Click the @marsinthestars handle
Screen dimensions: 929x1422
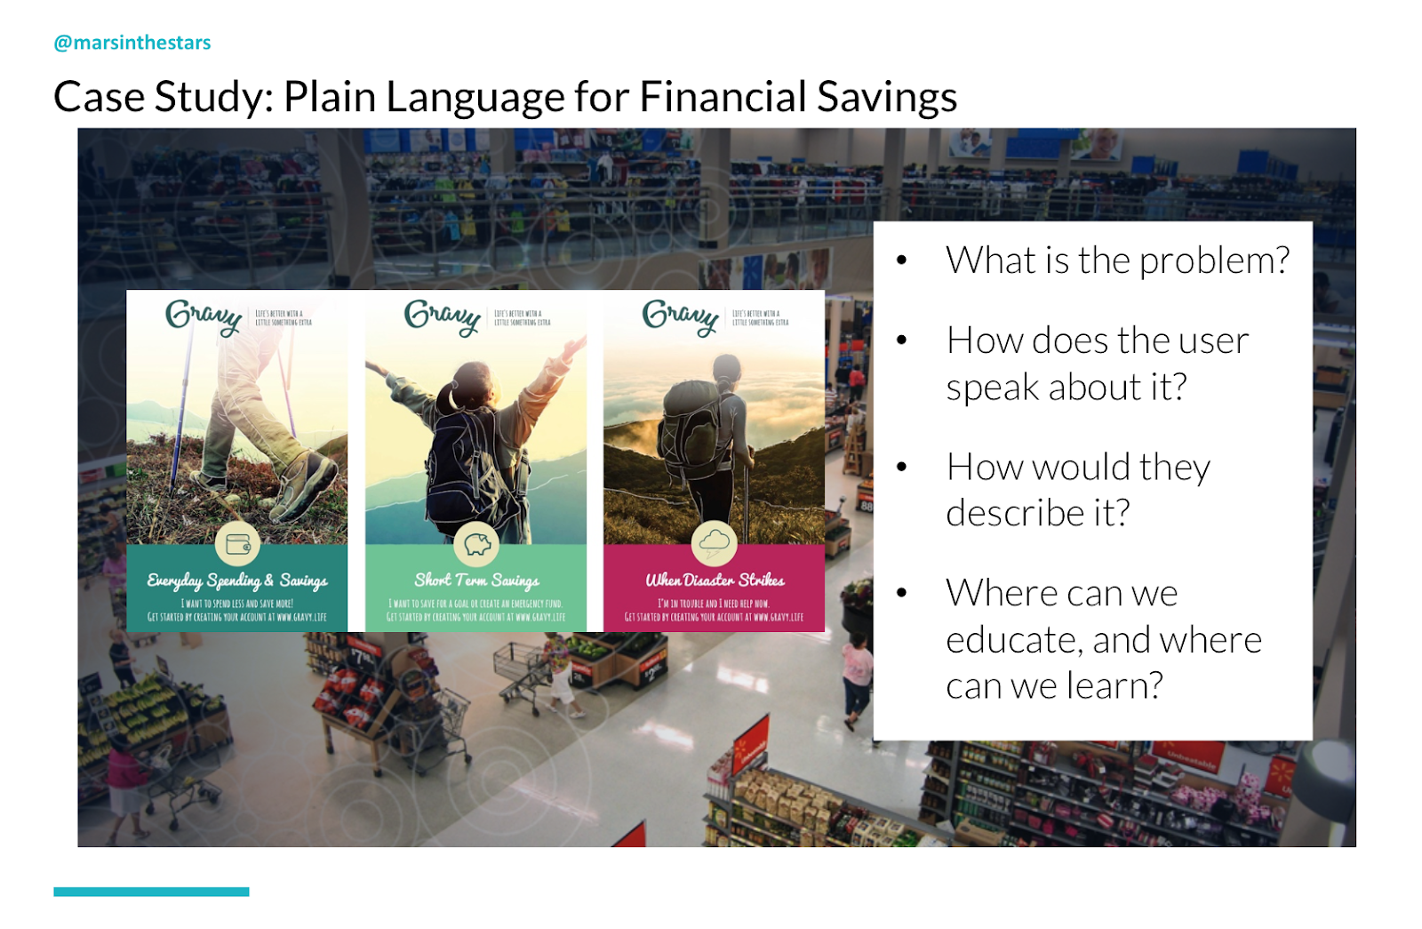[132, 43]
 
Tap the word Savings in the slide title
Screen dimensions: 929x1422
[886, 97]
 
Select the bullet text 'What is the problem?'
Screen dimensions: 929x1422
[1117, 260]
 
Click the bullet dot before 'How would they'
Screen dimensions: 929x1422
[901, 467]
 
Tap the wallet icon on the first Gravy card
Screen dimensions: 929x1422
[237, 543]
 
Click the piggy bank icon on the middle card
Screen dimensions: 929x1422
[476, 543]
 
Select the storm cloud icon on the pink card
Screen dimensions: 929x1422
[715, 542]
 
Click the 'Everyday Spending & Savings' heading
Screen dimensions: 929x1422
[237, 581]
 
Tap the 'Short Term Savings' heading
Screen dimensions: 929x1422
[476, 581]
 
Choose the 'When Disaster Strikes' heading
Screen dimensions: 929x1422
[715, 581]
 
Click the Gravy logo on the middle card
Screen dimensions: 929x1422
[442, 316]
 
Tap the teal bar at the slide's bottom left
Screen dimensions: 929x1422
[151, 891]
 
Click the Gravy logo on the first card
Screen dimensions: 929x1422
[204, 316]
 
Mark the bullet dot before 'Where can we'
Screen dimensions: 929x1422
[901, 593]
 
